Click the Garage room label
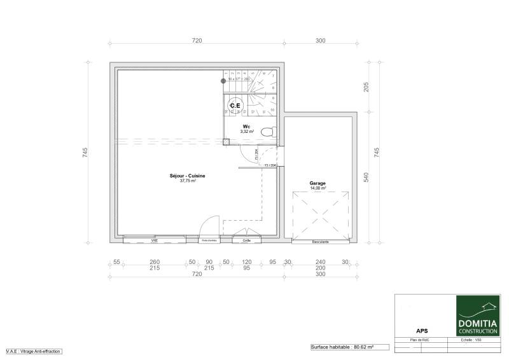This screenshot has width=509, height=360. click(317, 183)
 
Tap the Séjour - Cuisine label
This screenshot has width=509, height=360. click(188, 176)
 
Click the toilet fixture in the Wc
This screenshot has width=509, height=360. click(270, 131)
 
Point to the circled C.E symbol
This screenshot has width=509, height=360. click(235, 105)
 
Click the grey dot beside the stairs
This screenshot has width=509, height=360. click(223, 81)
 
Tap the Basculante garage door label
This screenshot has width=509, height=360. click(320, 242)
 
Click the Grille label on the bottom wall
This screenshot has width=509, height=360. click(246, 241)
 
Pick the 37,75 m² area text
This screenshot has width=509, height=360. click(188, 181)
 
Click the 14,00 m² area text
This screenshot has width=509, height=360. click(317, 188)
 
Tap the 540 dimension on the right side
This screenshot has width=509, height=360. click(366, 177)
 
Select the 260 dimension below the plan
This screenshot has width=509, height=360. click(155, 262)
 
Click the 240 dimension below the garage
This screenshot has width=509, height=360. click(320, 262)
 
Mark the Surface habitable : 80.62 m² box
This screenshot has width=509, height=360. click(342, 347)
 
